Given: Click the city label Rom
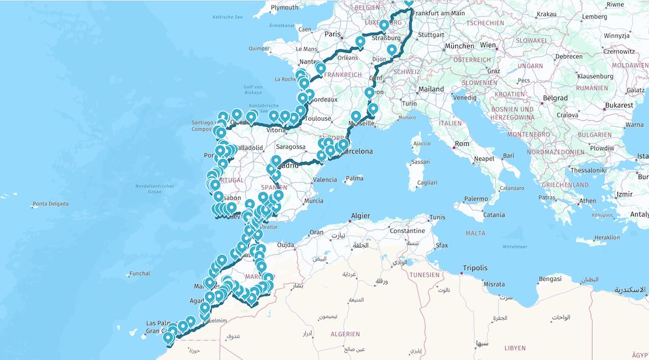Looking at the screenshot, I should (462, 144).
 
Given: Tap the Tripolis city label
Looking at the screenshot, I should (475, 268).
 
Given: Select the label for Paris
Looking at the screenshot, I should (333, 34).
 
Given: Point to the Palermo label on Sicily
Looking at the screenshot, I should (475, 199).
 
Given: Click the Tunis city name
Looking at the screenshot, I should (437, 217).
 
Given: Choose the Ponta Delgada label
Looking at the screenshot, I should (50, 204).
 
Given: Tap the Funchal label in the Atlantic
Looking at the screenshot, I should (140, 274).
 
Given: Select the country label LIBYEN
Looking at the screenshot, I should (515, 348).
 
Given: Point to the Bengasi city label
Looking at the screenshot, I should (550, 279).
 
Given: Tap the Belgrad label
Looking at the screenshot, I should (556, 98).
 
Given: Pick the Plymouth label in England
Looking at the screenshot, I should (284, 7).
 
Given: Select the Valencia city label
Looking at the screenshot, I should (325, 180).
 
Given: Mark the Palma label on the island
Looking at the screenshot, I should (355, 179).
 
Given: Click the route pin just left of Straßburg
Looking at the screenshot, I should (384, 26).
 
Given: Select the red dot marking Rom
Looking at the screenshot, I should (453, 146).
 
